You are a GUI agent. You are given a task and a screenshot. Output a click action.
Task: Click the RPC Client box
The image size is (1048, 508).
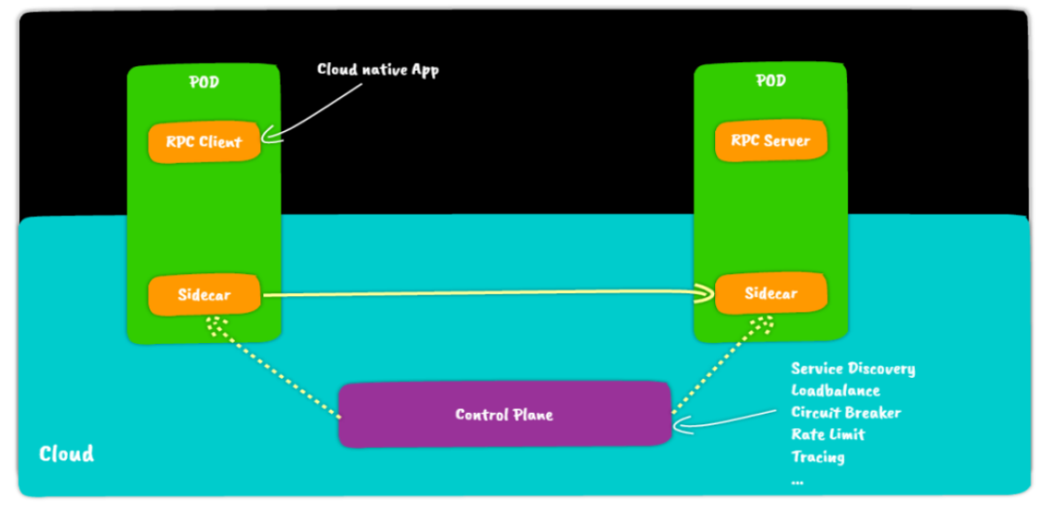[204, 142]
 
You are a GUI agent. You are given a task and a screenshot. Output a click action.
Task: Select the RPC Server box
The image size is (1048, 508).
[770, 141]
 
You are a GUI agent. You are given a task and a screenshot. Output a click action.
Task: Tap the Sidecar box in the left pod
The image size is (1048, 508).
[204, 294]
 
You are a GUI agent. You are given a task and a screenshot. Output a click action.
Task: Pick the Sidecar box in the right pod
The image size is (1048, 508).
[770, 293]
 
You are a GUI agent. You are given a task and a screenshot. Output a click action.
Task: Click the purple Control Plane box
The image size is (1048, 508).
[505, 415]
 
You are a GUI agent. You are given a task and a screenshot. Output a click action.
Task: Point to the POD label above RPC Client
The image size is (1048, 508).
[204, 83]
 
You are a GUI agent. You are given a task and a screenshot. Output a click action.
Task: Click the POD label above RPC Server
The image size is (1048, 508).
[770, 81]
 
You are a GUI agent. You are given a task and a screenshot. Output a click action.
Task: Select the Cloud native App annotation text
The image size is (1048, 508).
[377, 70]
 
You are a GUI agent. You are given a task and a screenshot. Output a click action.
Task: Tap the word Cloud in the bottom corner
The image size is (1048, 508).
[66, 454]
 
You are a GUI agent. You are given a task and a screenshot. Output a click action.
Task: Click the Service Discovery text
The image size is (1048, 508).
[853, 369]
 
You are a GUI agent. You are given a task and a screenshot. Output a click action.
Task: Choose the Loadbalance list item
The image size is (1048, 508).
[835, 390]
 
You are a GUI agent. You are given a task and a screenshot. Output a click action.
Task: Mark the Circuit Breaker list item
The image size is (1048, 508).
[846, 413]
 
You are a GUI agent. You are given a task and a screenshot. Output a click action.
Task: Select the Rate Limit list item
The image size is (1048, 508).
[828, 434]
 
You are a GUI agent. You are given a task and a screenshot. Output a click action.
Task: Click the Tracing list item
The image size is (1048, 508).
[817, 457]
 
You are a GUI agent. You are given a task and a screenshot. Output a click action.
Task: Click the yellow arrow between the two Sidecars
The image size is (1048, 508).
[485, 292]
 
